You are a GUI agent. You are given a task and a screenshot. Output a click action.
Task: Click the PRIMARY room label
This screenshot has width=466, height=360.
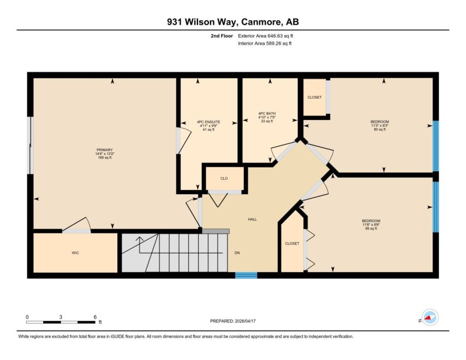[105, 150]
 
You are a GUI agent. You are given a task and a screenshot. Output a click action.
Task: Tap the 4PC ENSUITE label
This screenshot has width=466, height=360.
[208, 122]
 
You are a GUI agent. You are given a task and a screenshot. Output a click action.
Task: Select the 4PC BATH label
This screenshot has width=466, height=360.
[267, 113]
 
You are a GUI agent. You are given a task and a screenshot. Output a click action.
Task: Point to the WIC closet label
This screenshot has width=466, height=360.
[75, 253]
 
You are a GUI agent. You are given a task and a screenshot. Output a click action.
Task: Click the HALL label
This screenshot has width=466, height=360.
[252, 219]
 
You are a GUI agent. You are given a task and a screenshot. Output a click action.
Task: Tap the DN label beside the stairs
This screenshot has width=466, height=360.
[237, 253]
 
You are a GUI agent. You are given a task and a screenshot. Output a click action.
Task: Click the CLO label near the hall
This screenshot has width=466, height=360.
[224, 178]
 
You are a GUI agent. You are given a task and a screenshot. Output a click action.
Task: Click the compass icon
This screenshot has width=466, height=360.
[430, 317]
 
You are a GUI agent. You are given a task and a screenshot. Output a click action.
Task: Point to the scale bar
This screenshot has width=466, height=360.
[61, 322]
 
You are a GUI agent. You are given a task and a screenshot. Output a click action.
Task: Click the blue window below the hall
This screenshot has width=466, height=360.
[246, 275]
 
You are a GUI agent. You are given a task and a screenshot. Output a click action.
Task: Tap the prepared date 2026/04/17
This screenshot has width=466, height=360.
[245, 321]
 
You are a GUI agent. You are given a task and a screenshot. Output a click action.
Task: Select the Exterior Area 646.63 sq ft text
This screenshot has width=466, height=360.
[265, 36]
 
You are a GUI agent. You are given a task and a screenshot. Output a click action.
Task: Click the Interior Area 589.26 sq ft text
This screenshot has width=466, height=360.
[265, 44]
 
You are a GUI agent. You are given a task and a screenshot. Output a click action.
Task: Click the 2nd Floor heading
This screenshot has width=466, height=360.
[222, 36]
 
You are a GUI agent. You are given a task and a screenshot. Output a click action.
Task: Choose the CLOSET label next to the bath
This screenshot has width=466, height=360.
[314, 97]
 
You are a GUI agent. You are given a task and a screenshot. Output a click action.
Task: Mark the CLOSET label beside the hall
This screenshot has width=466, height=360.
[292, 243]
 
